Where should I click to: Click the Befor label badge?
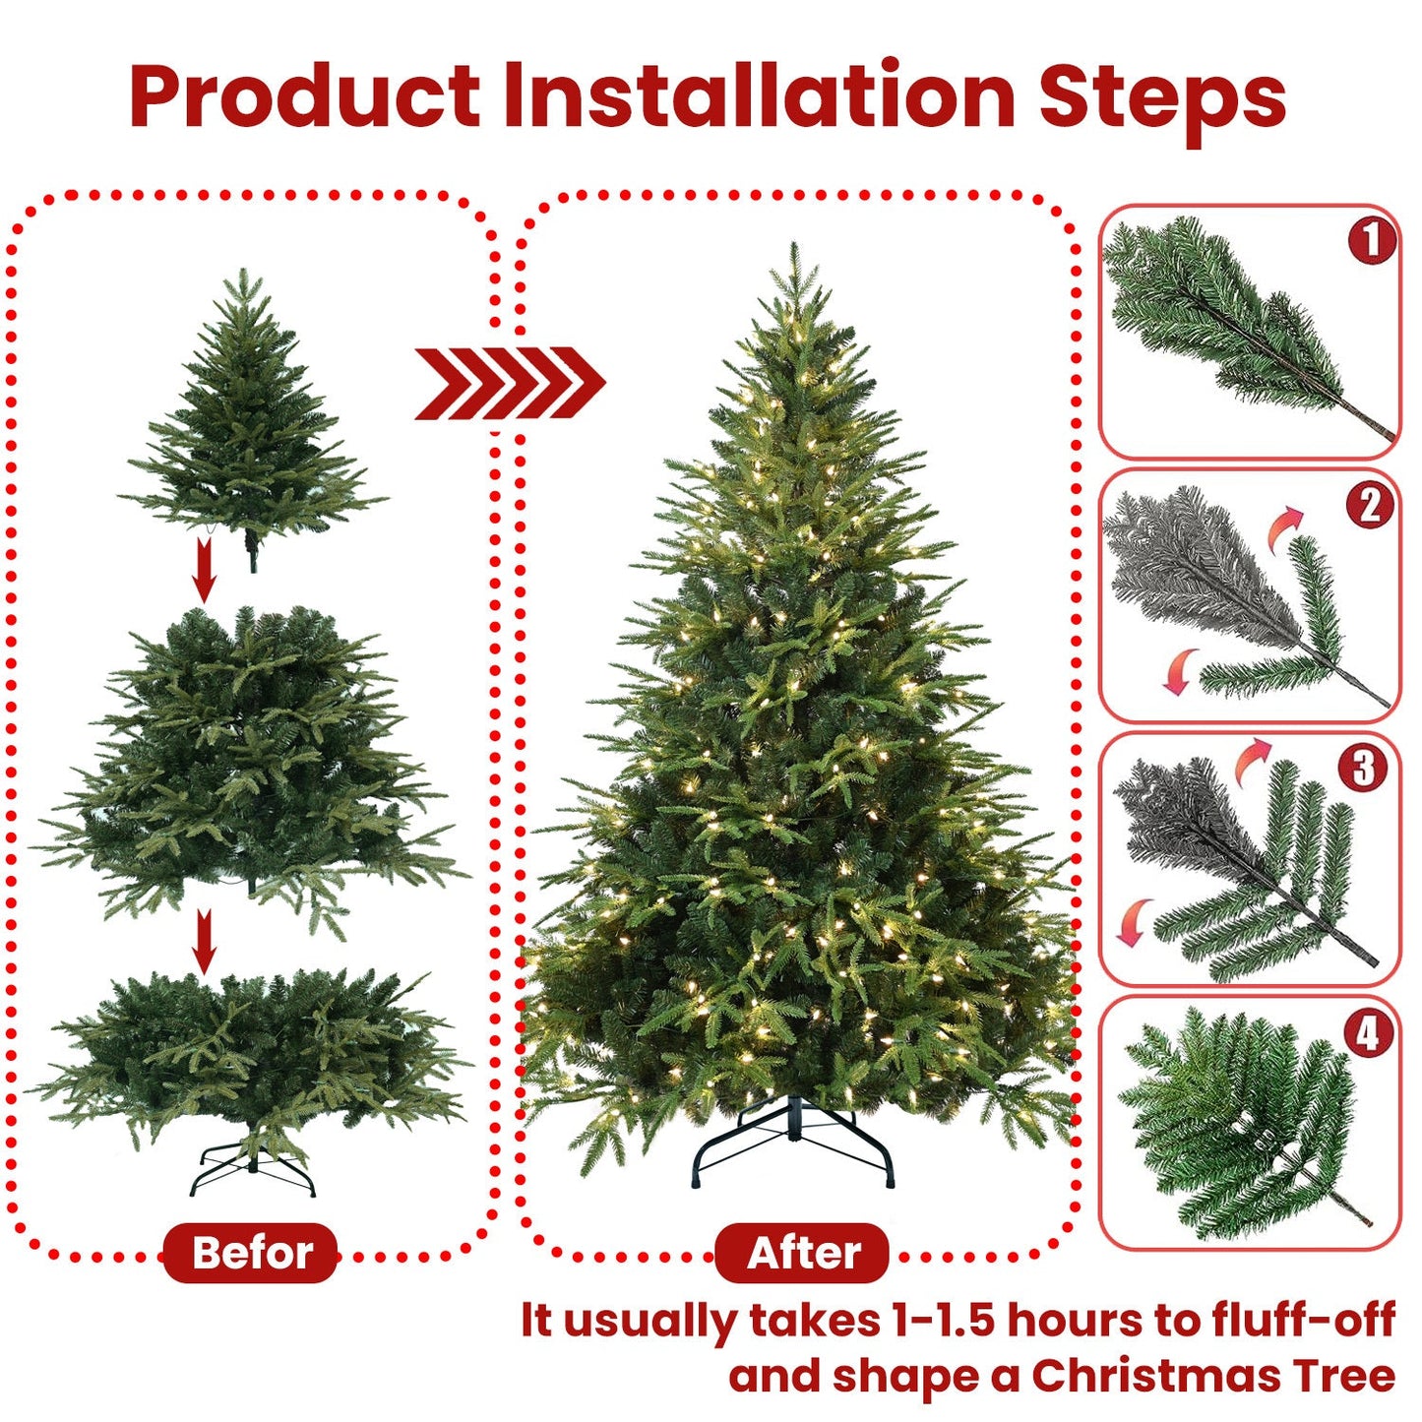(x=251, y=1253)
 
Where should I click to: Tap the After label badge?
(x=802, y=1253)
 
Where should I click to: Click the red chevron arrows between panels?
(x=509, y=383)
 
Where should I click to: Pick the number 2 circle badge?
(x=1370, y=505)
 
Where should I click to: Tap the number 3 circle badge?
(x=1363, y=769)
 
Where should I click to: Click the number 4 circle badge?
(x=1368, y=1033)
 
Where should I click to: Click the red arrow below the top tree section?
(x=204, y=571)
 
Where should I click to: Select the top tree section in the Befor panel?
(x=251, y=413)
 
